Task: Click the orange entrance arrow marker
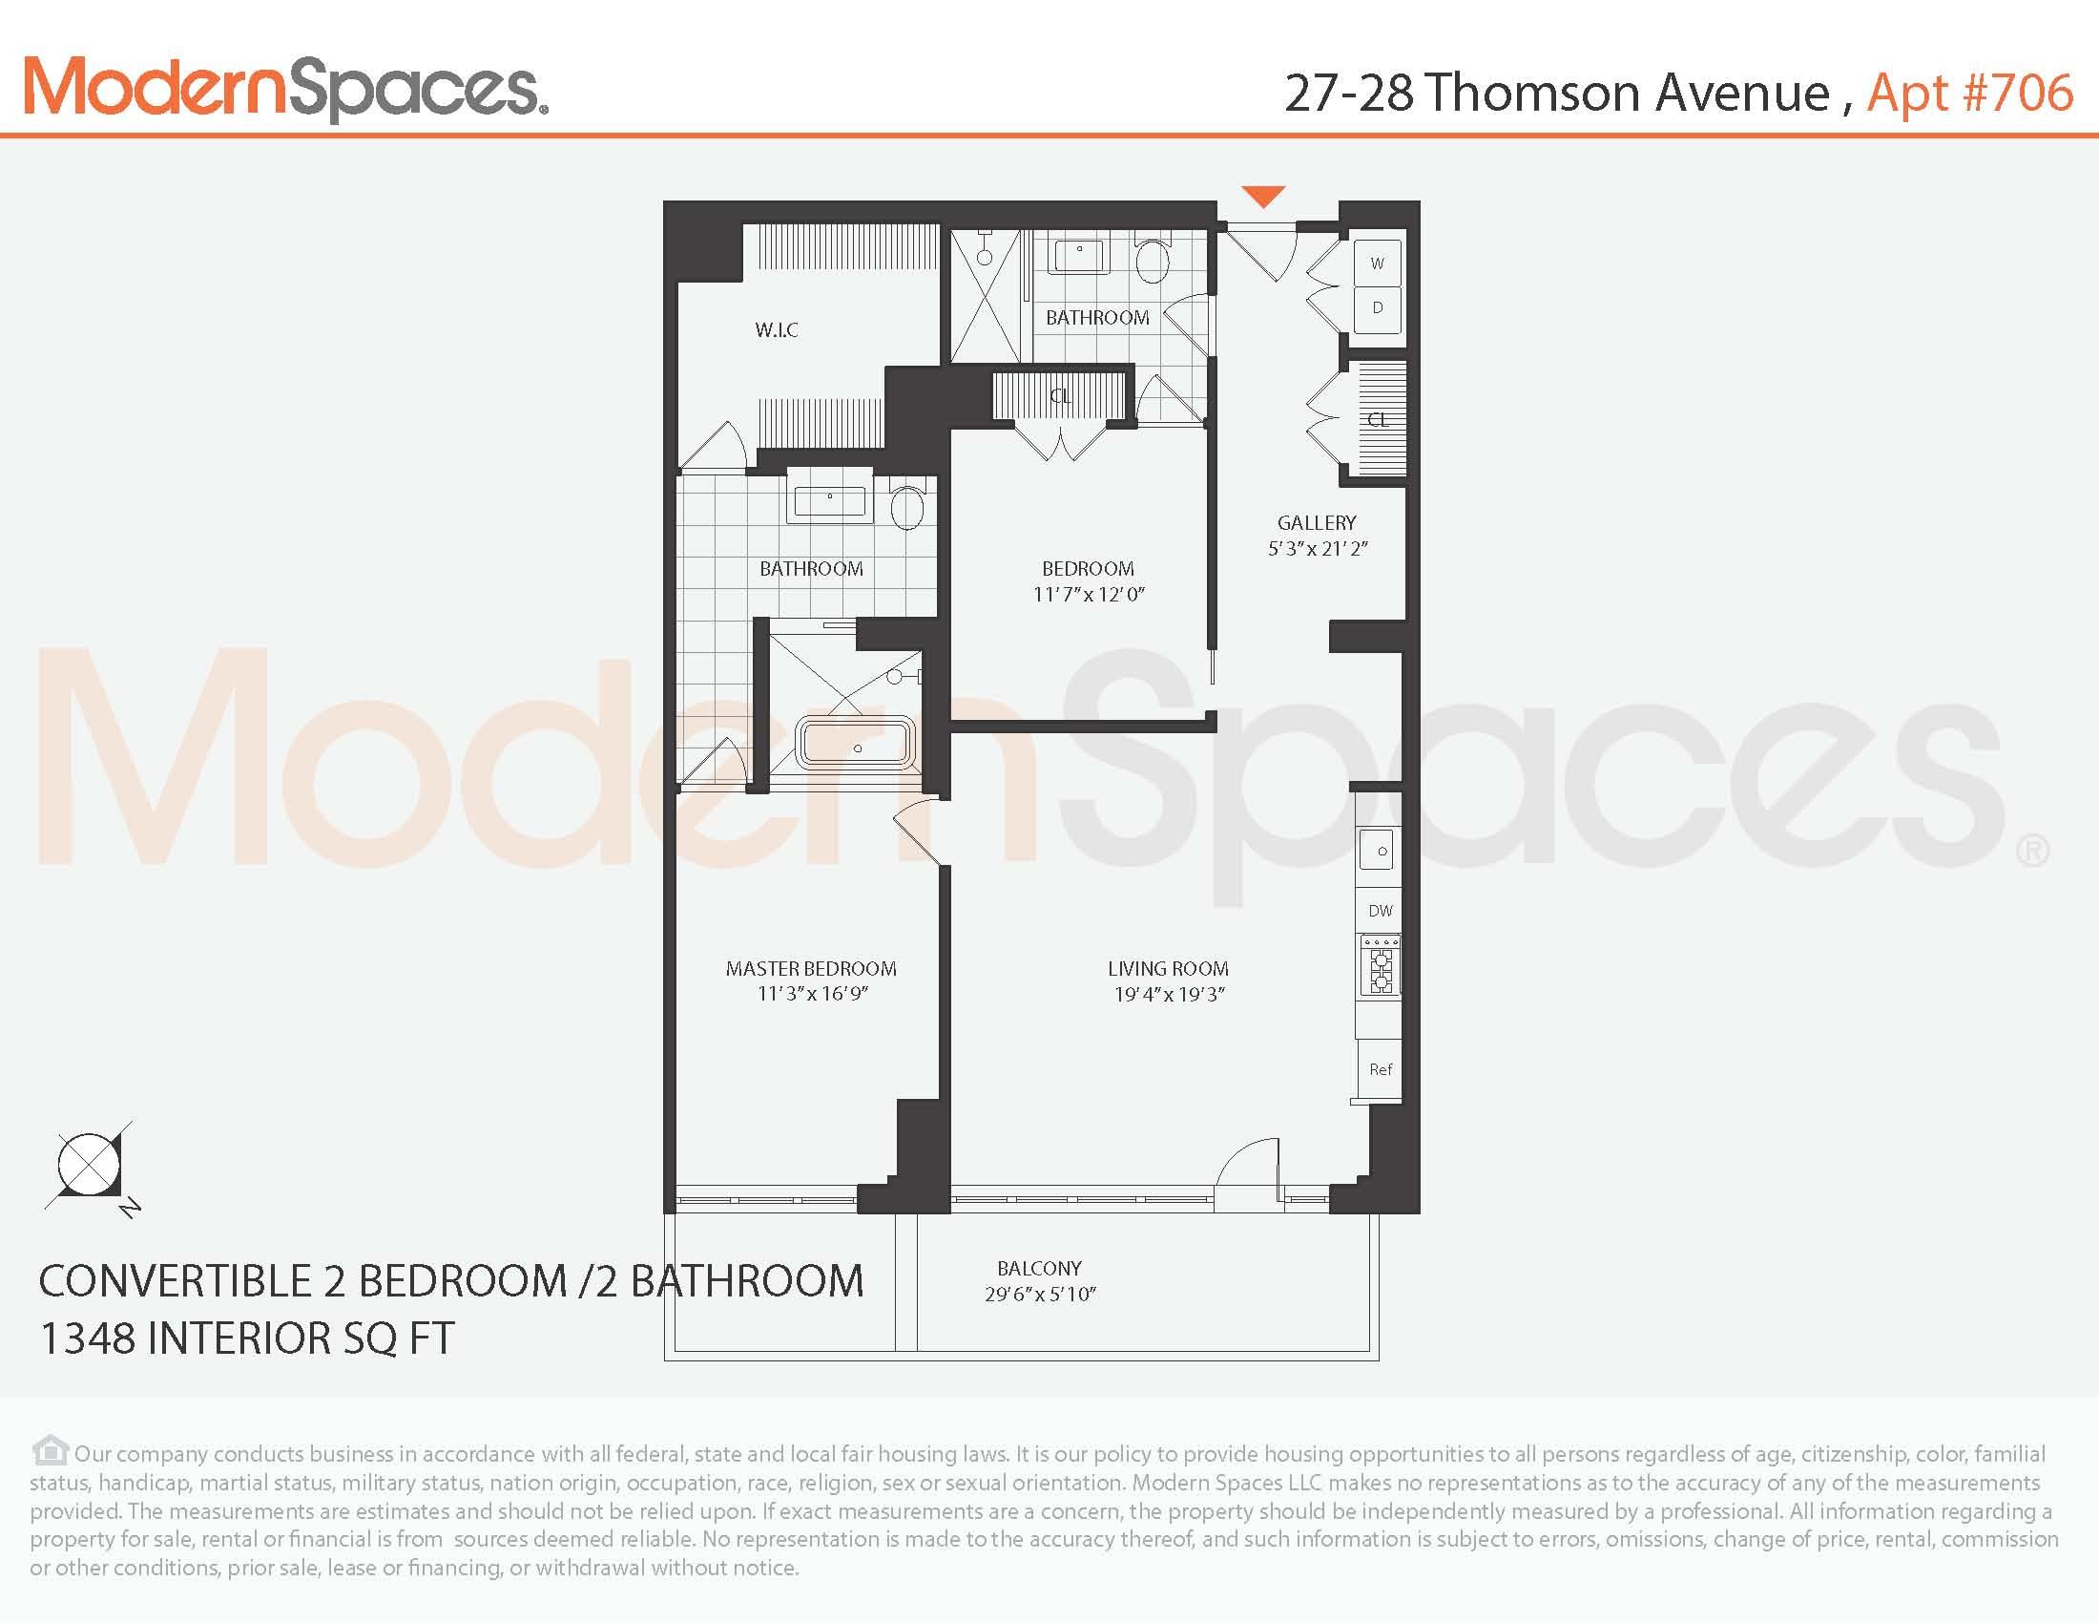(1263, 196)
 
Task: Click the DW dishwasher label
(1381, 911)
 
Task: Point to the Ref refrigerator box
(1381, 1069)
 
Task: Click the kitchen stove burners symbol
(1382, 970)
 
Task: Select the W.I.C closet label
(777, 329)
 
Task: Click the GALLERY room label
(1317, 522)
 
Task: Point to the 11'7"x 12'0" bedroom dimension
(1089, 594)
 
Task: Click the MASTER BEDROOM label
(811, 968)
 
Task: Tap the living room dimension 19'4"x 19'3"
(1169, 994)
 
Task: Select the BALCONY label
(1039, 1268)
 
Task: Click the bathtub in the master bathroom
(858, 743)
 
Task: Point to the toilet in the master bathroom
(907, 507)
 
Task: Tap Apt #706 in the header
(1969, 94)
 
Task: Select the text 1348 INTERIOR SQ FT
(247, 1338)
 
